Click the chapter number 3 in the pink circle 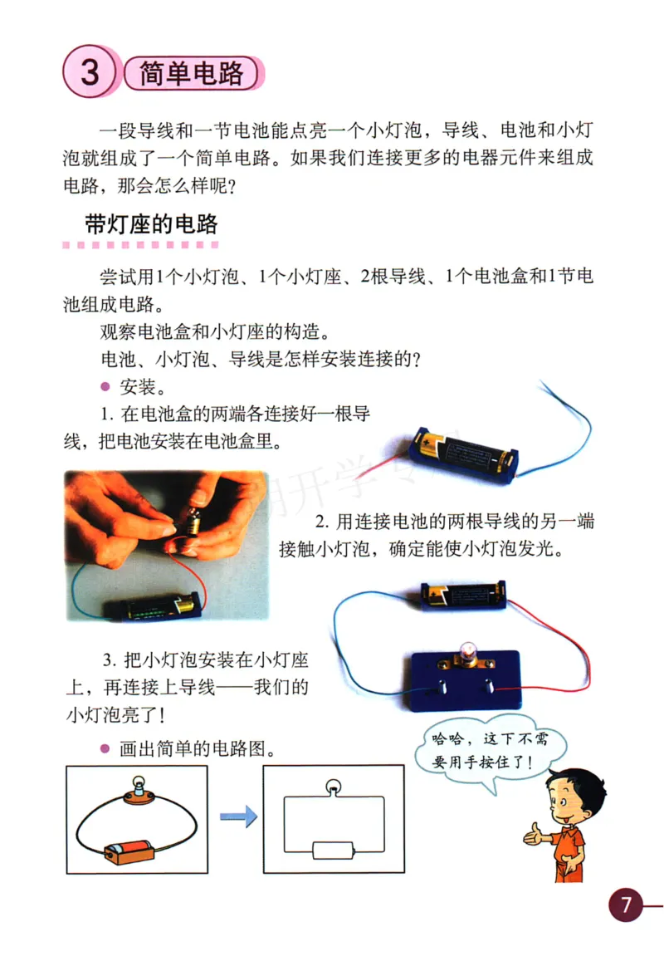point(89,73)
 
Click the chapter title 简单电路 point(192,74)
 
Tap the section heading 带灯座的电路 point(151,224)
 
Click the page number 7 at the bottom point(627,904)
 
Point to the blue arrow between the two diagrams point(238,817)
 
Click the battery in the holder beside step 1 point(465,452)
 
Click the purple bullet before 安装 point(105,388)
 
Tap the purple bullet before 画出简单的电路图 point(105,748)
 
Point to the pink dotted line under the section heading point(141,246)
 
